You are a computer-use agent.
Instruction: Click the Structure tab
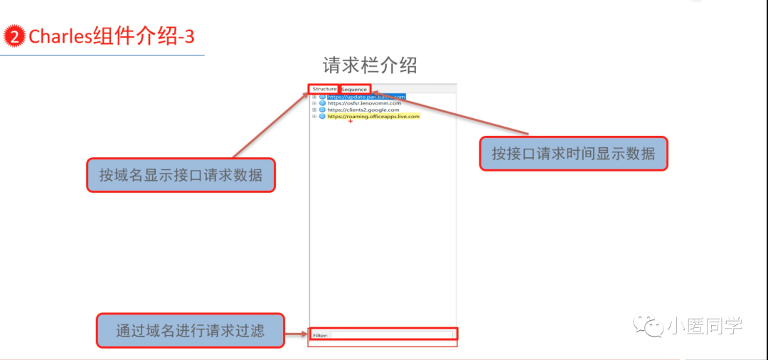tap(324, 89)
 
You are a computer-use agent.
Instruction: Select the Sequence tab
tap(354, 90)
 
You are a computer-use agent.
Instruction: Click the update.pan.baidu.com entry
tap(366, 97)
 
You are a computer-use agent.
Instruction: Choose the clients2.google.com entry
tap(363, 110)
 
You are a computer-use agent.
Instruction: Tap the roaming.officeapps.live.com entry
tap(373, 116)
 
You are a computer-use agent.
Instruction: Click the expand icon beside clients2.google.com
tap(314, 110)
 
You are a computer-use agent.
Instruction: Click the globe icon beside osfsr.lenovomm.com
tap(322, 103)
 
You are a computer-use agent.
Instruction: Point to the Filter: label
tap(320, 335)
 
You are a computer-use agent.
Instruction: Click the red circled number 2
tap(15, 36)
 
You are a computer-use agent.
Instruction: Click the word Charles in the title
tap(60, 36)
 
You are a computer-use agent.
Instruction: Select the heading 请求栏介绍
tap(370, 65)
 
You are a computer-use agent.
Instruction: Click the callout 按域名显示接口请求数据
tap(181, 174)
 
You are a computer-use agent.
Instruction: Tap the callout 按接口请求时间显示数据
tap(573, 154)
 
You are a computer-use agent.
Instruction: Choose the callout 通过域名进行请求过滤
tap(190, 330)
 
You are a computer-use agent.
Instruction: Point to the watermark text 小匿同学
tap(704, 327)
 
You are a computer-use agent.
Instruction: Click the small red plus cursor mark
tap(351, 122)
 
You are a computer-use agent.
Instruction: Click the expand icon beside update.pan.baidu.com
tap(314, 97)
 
